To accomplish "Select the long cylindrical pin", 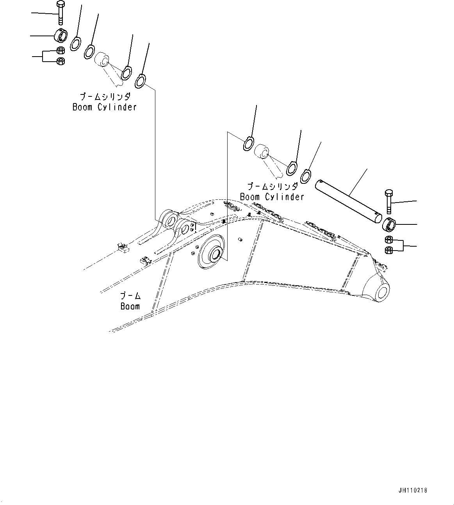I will [x=348, y=201].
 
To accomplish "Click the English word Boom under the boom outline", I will [x=130, y=306].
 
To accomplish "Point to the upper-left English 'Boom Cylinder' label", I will [x=105, y=107].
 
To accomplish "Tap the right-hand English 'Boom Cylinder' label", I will [x=272, y=197].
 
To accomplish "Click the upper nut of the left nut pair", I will [x=61, y=50].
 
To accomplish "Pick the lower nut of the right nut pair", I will [x=389, y=250].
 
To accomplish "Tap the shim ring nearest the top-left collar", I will [x=75, y=43].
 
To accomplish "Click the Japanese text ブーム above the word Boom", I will [x=130, y=295].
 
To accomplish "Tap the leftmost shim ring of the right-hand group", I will [x=248, y=143].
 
